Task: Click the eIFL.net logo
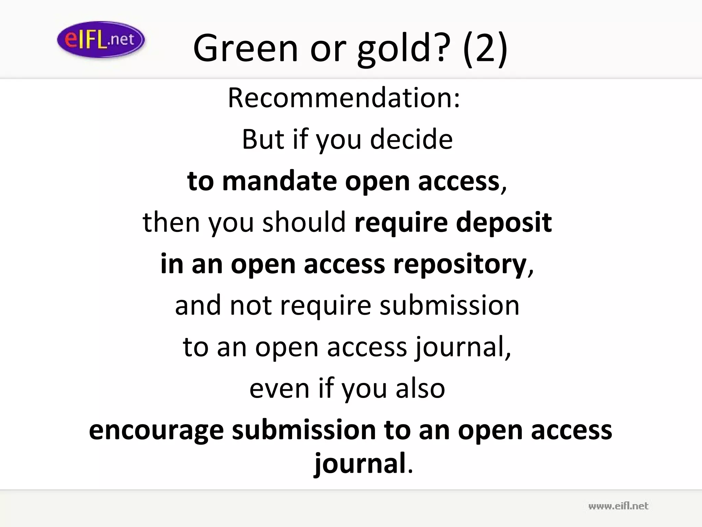pyautogui.click(x=101, y=39)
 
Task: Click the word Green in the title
pyautogui.click(x=245, y=48)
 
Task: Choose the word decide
pyautogui.click(x=411, y=139)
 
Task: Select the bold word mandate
pyautogui.click(x=279, y=181)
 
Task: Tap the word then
pyautogui.click(x=171, y=222)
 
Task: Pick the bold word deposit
pyautogui.click(x=504, y=222)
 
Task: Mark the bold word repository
pyautogui.click(x=460, y=264)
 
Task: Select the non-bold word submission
pyautogui.click(x=449, y=305)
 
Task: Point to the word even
pyautogui.click(x=280, y=388)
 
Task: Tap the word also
pyautogui.click(x=420, y=388)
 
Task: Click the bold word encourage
pyautogui.click(x=156, y=430)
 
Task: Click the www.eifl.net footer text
pyautogui.click(x=618, y=506)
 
